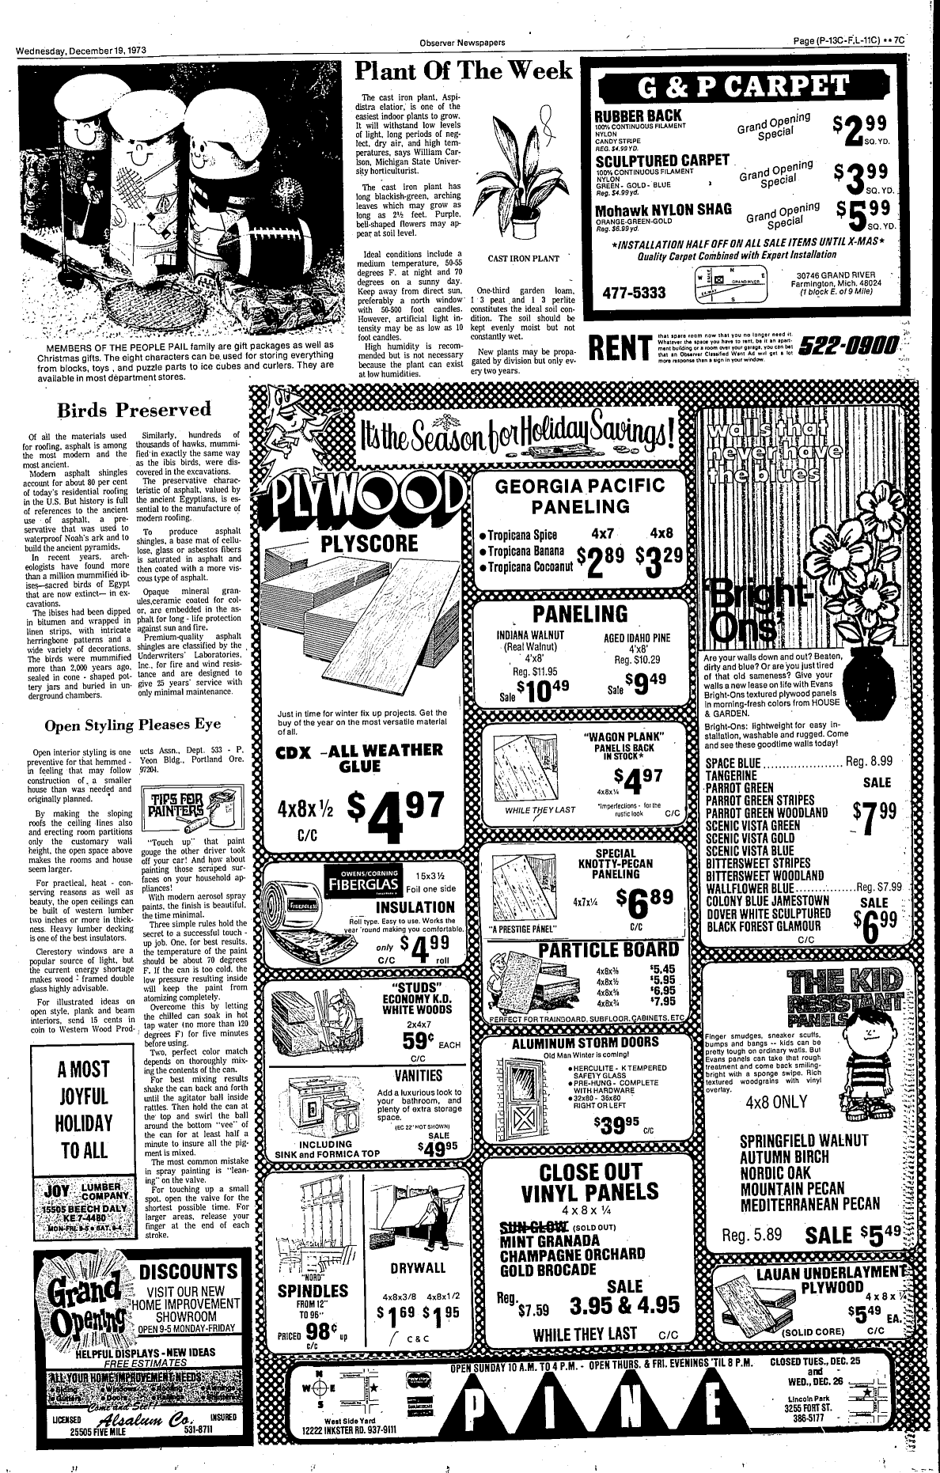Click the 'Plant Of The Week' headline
pyautogui.click(x=463, y=70)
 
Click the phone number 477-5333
pyautogui.click(x=634, y=293)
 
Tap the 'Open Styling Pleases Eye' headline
pyautogui.click(x=133, y=724)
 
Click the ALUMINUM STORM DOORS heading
pyautogui.click(x=586, y=1042)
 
